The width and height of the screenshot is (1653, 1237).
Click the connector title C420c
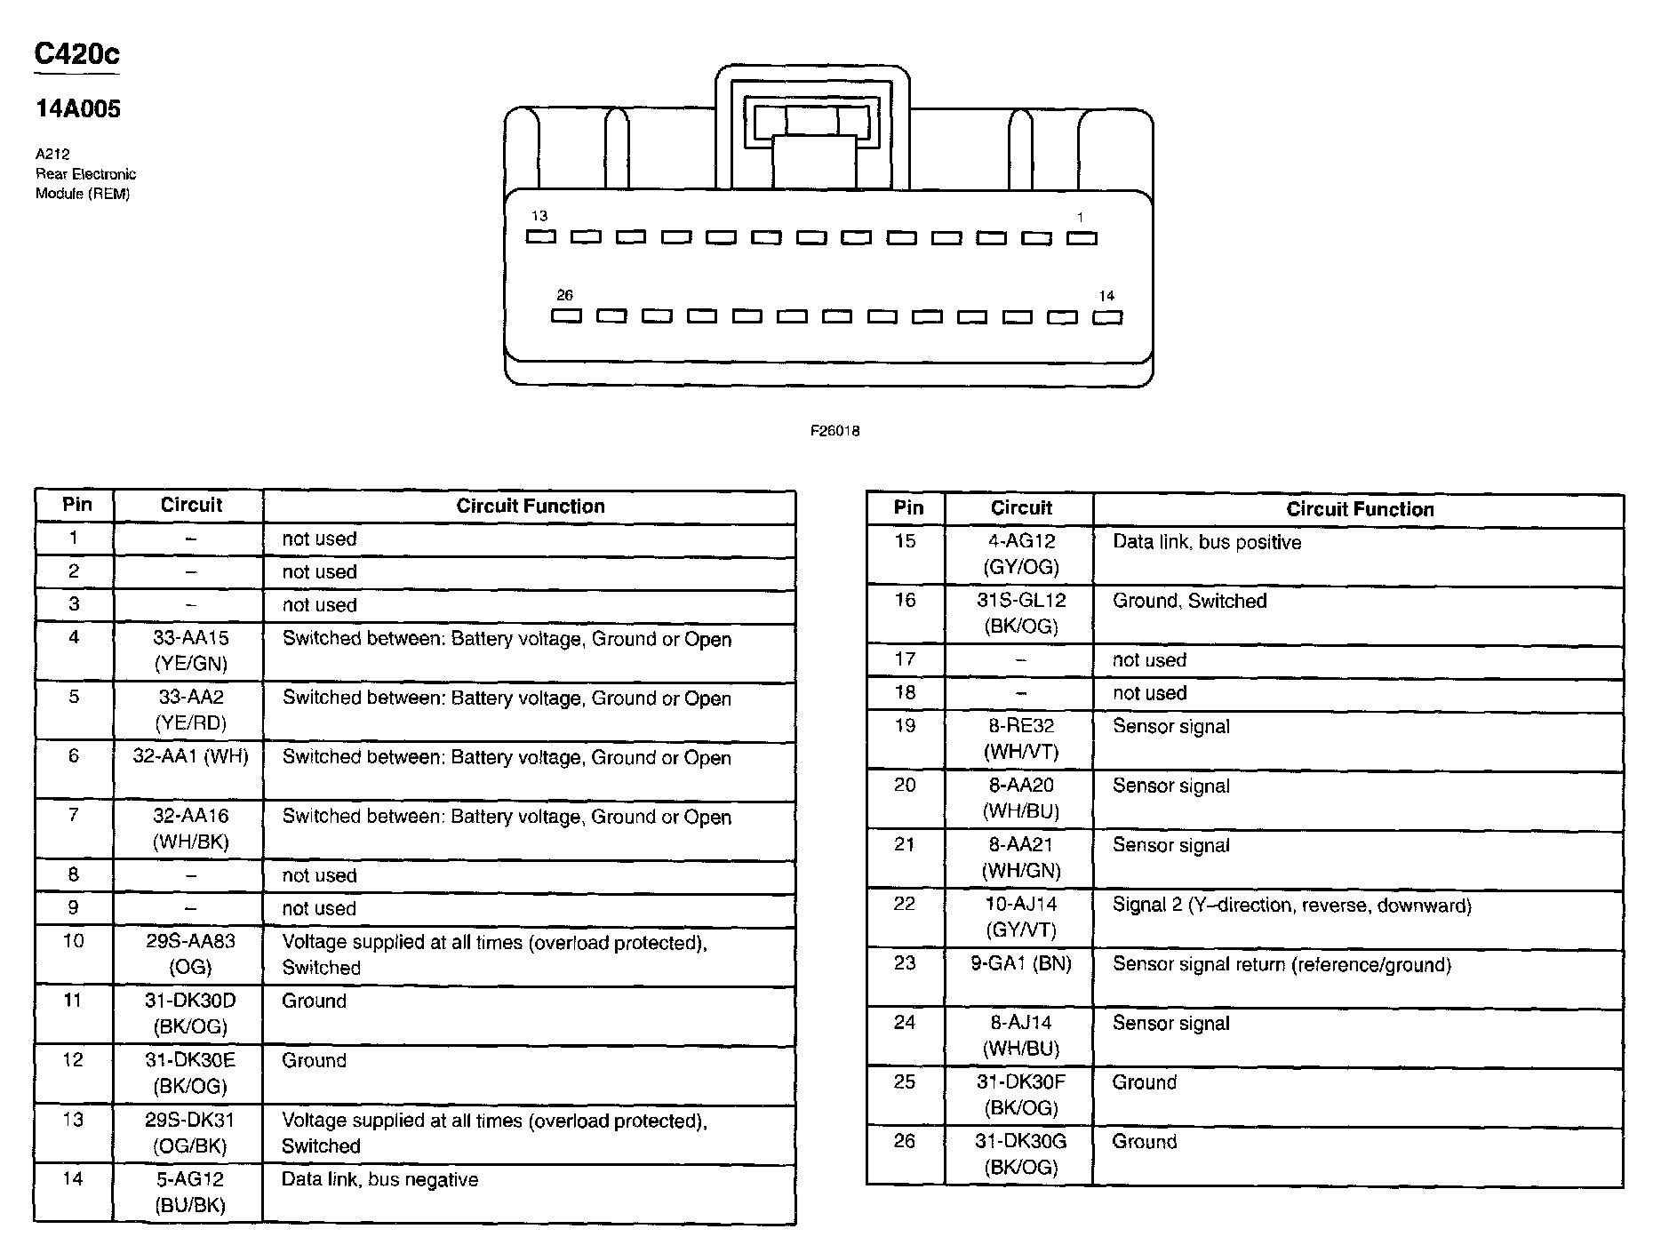pos(76,54)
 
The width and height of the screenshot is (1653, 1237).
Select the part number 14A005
pos(78,109)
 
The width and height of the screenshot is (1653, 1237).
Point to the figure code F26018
pos(834,431)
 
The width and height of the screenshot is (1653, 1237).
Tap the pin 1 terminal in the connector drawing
pos(1082,237)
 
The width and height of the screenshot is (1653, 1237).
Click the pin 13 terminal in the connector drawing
pos(540,236)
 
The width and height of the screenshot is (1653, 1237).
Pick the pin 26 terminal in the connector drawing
pos(566,315)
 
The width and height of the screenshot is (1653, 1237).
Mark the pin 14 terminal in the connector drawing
pos(1107,316)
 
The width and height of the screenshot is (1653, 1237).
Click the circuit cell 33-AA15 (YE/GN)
pos(190,650)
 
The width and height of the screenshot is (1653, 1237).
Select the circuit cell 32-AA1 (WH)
pos(190,756)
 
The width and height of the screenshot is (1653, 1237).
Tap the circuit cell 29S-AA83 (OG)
pos(190,954)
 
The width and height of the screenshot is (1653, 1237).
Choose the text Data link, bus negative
pos(379,1179)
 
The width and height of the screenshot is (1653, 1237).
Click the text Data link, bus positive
pos(1206,542)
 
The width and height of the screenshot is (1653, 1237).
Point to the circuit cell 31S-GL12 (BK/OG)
pos(1021,613)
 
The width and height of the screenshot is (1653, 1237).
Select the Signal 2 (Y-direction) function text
pos(1291,906)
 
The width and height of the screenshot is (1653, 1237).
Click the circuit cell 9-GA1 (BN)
pos(1021,964)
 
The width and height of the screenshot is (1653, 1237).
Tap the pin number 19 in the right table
pos(905,726)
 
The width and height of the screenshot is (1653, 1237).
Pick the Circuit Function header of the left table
pos(530,507)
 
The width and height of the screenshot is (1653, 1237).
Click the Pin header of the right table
pos(908,508)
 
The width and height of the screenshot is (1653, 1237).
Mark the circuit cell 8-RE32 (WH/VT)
pos(1021,738)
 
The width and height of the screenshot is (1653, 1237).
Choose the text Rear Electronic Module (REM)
pos(85,184)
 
